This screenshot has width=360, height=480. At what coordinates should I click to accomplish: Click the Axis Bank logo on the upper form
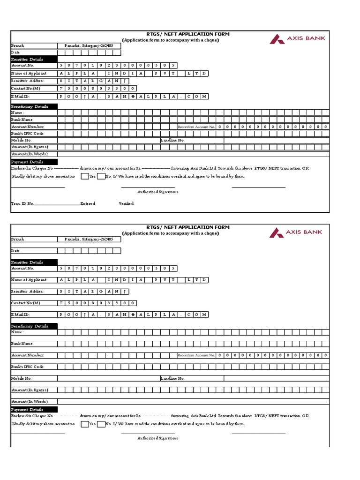click(x=297, y=39)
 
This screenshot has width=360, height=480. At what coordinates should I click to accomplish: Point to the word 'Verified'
click(x=126, y=203)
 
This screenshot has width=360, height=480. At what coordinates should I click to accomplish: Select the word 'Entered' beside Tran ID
click(x=88, y=203)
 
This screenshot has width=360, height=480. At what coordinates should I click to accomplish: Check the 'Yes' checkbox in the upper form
click(x=84, y=176)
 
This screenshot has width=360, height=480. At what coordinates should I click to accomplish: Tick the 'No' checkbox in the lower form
click(x=101, y=424)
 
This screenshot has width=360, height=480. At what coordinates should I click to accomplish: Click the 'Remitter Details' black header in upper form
click(x=34, y=60)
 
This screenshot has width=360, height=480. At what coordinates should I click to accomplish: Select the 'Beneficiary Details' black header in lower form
click(x=34, y=326)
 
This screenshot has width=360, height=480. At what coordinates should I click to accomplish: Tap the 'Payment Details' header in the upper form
click(x=34, y=162)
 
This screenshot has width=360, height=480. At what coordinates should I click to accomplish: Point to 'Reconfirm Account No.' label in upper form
click(x=196, y=127)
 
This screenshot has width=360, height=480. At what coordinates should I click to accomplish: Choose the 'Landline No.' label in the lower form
click(x=172, y=378)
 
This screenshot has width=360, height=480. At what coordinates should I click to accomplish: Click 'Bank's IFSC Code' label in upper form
click(x=28, y=134)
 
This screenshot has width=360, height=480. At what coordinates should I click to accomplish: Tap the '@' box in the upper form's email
click(x=134, y=96)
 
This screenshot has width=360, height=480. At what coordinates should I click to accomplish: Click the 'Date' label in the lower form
click(x=15, y=251)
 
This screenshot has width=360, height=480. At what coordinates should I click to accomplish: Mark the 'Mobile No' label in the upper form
click(x=22, y=140)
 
